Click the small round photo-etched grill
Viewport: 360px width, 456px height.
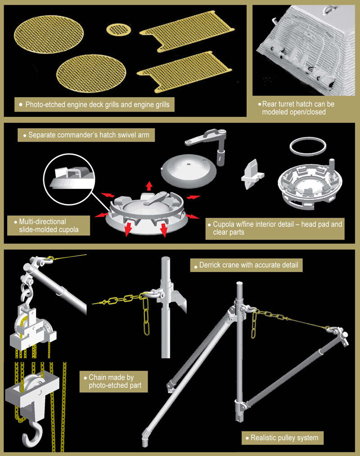point(118,29)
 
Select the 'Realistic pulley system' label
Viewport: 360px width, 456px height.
point(282,438)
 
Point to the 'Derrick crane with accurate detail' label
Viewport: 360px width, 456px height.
point(246,265)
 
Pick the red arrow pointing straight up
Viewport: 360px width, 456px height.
point(149,186)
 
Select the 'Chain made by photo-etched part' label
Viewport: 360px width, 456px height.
point(113,381)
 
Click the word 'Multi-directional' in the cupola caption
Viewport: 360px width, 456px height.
point(42,222)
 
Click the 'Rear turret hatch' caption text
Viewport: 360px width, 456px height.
point(298,108)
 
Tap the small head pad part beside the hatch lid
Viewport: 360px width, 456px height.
point(252,174)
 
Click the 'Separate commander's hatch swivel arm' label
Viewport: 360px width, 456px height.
point(86,135)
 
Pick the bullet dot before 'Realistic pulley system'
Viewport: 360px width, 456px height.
point(247,438)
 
